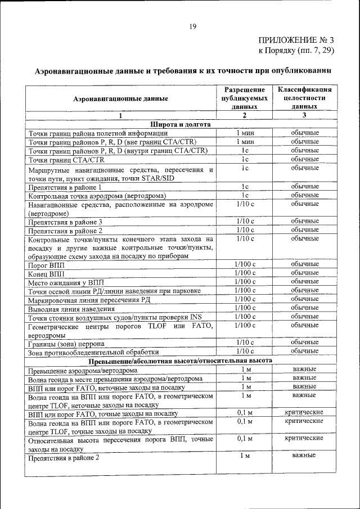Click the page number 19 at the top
click(x=192, y=26)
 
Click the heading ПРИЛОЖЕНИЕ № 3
click(x=296, y=40)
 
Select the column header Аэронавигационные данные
click(x=120, y=98)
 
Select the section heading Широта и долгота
click(x=180, y=124)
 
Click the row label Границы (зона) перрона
click(x=66, y=343)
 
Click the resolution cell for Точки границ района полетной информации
click(x=245, y=133)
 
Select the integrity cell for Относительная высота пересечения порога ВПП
click(x=304, y=438)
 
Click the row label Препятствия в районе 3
click(x=65, y=222)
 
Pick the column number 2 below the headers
click(x=245, y=115)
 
